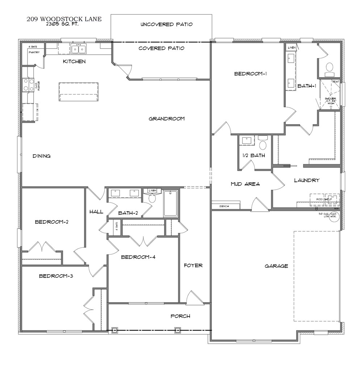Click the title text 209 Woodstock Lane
click(64, 19)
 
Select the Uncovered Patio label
click(166, 25)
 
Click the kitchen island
click(79, 92)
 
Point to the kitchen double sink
click(79, 49)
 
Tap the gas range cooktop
click(28, 85)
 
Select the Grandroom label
click(167, 118)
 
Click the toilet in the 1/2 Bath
click(263, 144)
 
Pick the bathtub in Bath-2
click(171, 203)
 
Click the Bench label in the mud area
click(225, 206)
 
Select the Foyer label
click(193, 266)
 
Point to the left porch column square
click(115, 330)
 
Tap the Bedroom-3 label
click(56, 276)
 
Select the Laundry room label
click(306, 180)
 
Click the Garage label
click(276, 266)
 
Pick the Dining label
click(41, 156)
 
